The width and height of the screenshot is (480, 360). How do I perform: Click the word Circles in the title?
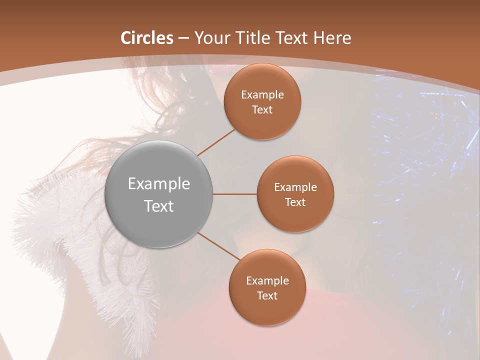[x=147, y=38]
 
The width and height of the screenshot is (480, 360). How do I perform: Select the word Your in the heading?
[x=210, y=38]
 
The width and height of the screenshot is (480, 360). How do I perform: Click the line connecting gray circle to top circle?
[x=216, y=142]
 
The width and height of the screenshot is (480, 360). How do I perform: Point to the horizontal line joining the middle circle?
[x=235, y=194]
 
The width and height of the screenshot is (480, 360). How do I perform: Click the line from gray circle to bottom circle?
[x=219, y=247]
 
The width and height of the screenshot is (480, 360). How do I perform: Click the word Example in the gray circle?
[x=158, y=184]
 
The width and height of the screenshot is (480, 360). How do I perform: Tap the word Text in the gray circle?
[x=158, y=206]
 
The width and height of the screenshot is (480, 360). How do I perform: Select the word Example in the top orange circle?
[x=262, y=95]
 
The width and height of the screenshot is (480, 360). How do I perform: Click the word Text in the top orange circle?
[x=262, y=109]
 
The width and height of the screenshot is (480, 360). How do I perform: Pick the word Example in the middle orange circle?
[x=295, y=187]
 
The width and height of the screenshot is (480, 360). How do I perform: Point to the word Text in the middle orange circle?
[x=295, y=202]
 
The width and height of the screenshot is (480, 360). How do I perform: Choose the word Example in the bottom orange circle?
[x=267, y=281]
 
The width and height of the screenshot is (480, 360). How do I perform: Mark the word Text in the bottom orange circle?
[x=267, y=295]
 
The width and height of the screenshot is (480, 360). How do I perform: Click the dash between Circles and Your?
[x=183, y=38]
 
